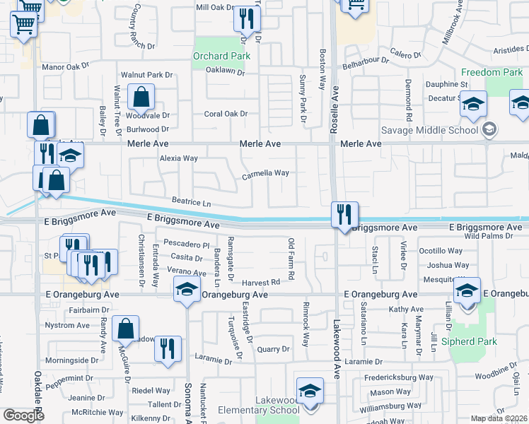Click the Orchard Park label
click(x=221, y=56)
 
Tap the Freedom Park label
click(x=492, y=72)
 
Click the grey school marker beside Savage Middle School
click(x=489, y=129)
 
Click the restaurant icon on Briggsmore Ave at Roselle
click(x=344, y=213)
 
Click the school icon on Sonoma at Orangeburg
click(x=187, y=290)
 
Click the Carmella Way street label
click(x=265, y=173)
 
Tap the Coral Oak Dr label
click(x=226, y=113)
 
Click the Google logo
click(x=23, y=416)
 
